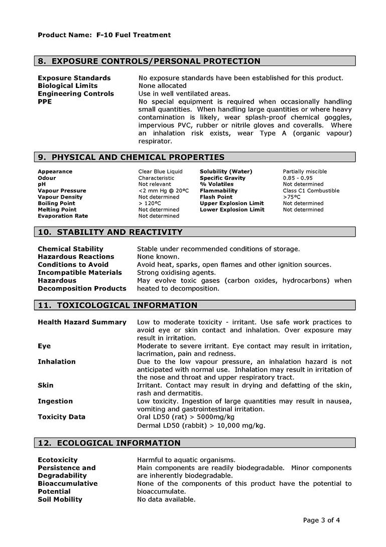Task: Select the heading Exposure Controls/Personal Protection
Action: click(x=149, y=61)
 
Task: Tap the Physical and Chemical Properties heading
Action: click(x=131, y=157)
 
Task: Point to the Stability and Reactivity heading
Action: click(x=110, y=232)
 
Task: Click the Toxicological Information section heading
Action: click(x=117, y=305)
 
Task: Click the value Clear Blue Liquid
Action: click(x=160, y=172)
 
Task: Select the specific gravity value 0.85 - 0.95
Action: click(x=298, y=178)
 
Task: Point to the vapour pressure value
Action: click(x=163, y=191)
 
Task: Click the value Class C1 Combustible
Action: click(x=311, y=191)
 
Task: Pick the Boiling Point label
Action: click(x=56, y=204)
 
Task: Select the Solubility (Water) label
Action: click(x=226, y=172)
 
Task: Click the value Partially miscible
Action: click(x=305, y=172)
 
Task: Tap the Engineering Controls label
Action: click(x=76, y=94)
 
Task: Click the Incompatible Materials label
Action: click(x=80, y=272)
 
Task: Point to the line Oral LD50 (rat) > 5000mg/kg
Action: click(x=185, y=417)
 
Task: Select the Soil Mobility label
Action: click(x=60, y=500)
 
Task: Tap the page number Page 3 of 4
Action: click(x=321, y=520)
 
